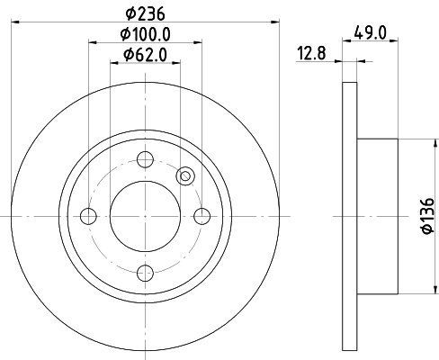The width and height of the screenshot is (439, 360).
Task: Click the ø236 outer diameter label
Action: click(146, 13)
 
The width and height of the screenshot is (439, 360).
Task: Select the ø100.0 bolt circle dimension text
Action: click(146, 35)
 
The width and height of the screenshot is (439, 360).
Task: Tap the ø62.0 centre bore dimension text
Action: click(146, 56)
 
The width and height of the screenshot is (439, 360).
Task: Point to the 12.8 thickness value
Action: click(312, 56)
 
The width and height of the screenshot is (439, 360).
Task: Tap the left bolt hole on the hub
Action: click(88, 216)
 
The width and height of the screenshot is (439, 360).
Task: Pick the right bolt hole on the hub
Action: click(202, 216)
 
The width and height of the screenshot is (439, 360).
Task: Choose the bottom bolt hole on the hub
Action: click(145, 273)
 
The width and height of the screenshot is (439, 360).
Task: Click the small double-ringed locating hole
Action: click(185, 176)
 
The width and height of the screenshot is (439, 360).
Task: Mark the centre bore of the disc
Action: click(145, 216)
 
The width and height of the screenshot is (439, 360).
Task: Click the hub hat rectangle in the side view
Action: click(379, 216)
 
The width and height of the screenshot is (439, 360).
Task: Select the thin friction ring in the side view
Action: click(351, 216)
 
